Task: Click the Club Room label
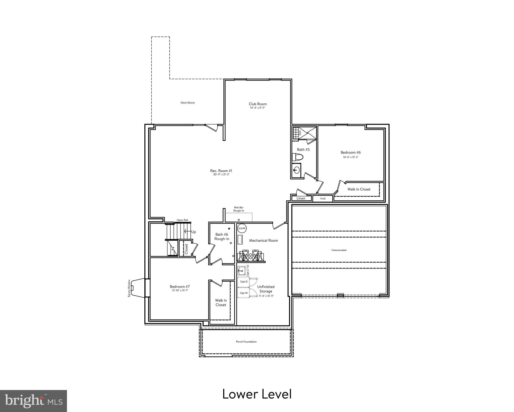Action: [257, 104]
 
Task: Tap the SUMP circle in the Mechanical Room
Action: [242, 229]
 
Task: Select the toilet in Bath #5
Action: [298, 157]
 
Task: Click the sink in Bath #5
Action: [297, 170]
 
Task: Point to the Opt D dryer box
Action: [243, 282]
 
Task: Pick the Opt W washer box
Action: [243, 293]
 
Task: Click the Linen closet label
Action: [301, 198]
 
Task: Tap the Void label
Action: [323, 198]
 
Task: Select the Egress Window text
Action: [129, 288]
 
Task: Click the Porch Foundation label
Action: [246, 342]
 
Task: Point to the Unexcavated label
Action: [339, 250]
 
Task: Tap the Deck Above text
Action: [187, 103]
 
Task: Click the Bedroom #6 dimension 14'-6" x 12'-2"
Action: [350, 157]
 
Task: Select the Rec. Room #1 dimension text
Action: [221, 175]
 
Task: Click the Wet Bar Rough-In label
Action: [238, 209]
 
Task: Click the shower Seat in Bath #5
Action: [300, 132]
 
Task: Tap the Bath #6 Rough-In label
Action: [222, 237]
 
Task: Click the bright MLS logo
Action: [33, 401]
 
